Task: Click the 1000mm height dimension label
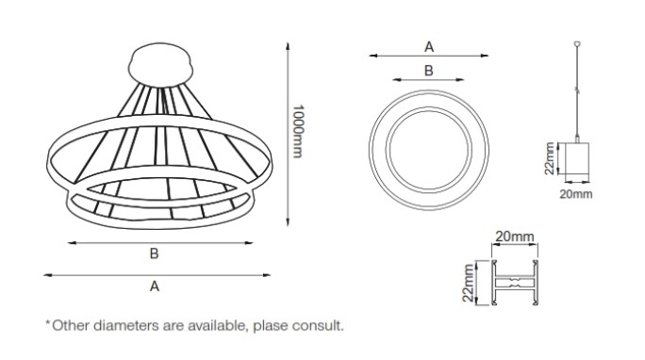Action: [297, 132]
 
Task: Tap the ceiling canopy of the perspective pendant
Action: [161, 65]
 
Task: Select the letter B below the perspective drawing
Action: [155, 254]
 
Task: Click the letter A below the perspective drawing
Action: [155, 286]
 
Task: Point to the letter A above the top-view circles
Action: [429, 47]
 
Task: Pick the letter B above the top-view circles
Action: [429, 71]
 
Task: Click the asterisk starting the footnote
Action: [48, 323]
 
